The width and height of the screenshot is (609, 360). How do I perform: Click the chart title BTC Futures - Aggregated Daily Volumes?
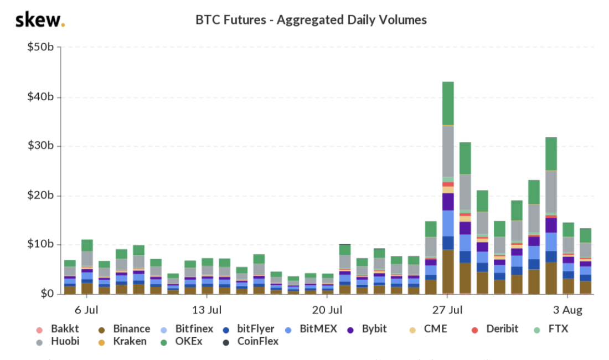[x=311, y=20]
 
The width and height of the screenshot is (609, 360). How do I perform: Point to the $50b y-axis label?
[x=40, y=48]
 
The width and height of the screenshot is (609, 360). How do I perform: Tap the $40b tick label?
[x=40, y=97]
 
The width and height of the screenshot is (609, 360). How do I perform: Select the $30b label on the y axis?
[x=40, y=146]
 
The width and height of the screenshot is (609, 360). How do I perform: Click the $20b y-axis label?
[x=40, y=196]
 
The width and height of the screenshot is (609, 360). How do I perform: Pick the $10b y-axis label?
[x=40, y=245]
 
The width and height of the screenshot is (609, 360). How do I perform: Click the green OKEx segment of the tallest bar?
[x=448, y=104]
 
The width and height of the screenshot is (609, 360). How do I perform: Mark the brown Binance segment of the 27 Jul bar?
[x=448, y=271]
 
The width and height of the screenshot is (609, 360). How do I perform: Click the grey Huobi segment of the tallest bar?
[x=448, y=151]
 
